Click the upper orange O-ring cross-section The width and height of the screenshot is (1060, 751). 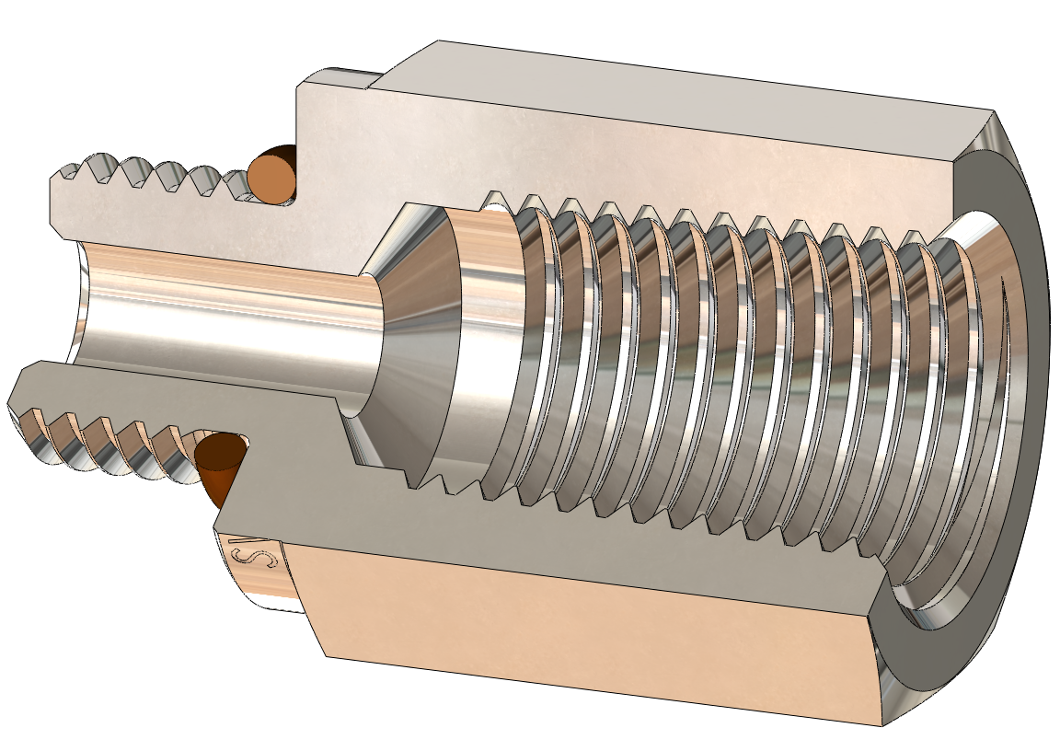272,176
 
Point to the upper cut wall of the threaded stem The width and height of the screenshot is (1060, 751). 184,216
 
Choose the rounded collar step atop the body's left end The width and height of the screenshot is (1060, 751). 340,77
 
